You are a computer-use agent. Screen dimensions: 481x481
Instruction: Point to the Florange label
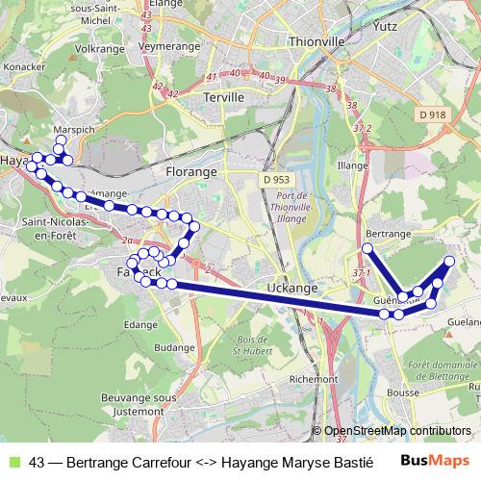point(190,172)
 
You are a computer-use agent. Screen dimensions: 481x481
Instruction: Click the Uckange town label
point(292,288)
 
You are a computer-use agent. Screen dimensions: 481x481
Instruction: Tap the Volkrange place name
point(99,47)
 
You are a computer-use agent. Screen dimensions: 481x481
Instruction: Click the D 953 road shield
point(275,179)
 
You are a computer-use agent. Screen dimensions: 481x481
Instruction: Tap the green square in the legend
point(13,460)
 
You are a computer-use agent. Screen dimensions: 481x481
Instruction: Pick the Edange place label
point(140,325)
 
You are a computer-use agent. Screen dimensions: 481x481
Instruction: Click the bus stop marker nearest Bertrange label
point(367,248)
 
